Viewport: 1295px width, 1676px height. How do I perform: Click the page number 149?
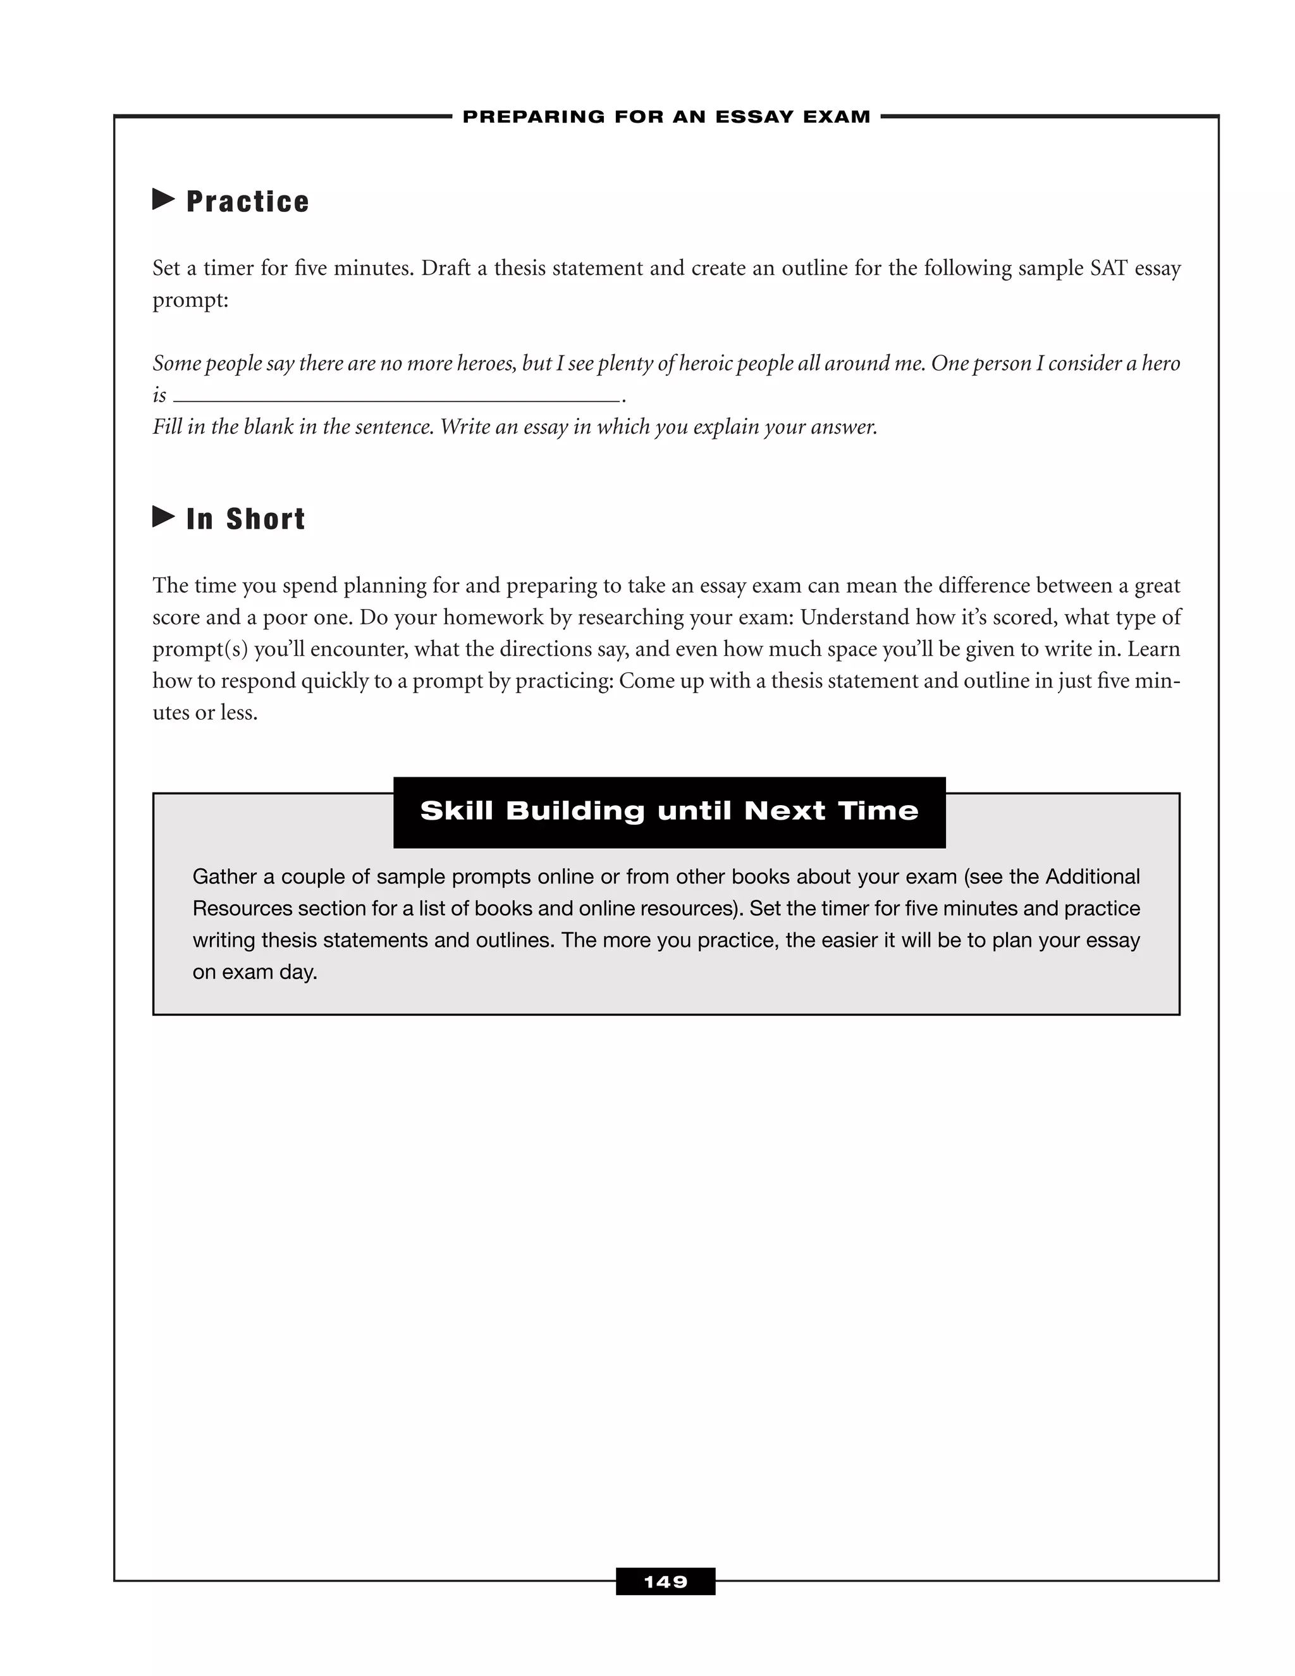point(665,1582)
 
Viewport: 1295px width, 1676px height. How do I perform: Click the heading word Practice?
point(248,202)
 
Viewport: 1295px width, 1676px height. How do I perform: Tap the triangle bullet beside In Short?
point(163,517)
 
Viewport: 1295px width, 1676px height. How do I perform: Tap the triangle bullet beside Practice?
point(163,199)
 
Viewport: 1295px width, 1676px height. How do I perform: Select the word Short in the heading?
point(266,519)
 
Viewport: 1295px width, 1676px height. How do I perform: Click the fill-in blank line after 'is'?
point(396,399)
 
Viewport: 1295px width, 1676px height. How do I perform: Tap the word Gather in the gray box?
point(224,877)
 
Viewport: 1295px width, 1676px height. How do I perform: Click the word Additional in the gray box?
point(1093,877)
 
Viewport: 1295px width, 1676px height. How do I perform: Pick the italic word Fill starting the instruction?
point(166,428)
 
